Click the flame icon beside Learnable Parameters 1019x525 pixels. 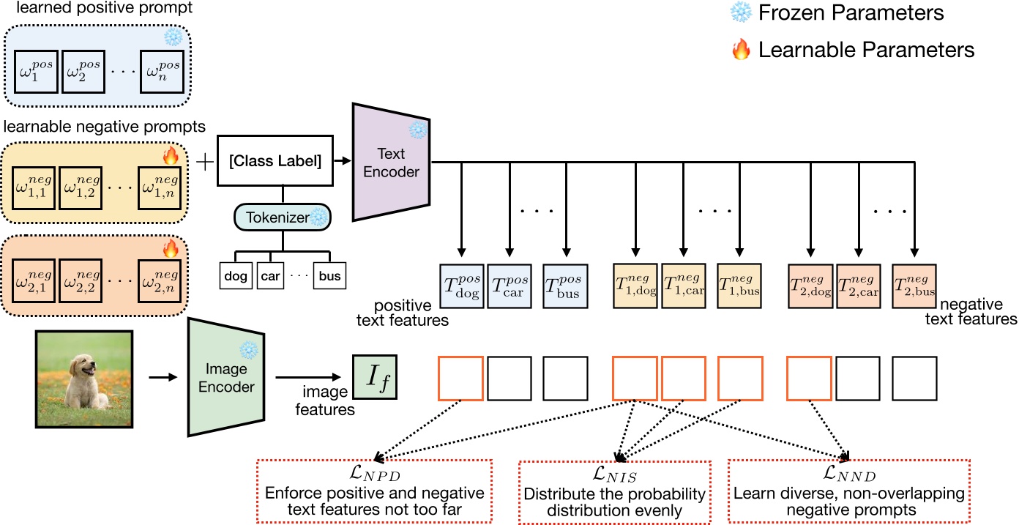coord(741,50)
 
